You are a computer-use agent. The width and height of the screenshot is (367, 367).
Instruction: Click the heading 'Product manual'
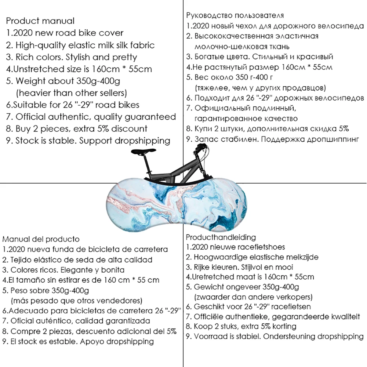click(x=40, y=21)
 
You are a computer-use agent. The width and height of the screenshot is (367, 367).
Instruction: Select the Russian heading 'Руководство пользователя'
click(x=235, y=15)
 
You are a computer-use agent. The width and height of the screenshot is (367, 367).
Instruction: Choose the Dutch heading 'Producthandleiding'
click(x=221, y=237)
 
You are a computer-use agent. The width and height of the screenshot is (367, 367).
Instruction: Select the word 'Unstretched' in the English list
click(x=38, y=69)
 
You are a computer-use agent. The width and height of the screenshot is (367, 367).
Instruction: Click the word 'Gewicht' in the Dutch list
click(x=208, y=287)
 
